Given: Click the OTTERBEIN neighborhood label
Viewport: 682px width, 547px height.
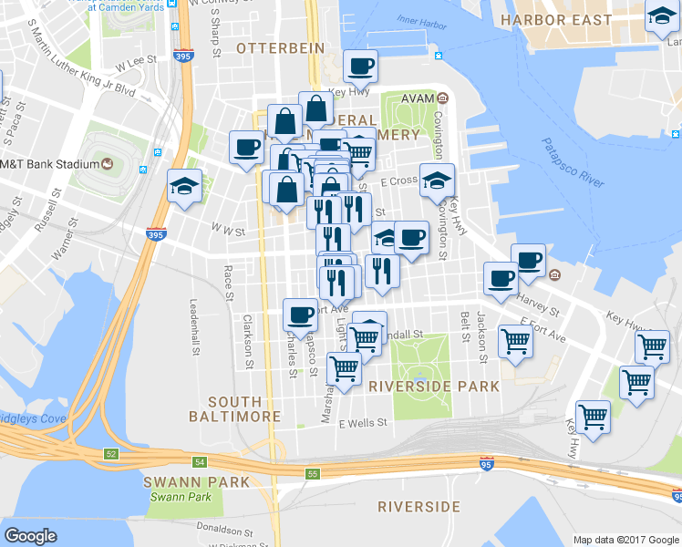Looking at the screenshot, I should (x=274, y=46).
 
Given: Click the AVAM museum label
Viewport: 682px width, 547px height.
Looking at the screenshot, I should (x=420, y=98).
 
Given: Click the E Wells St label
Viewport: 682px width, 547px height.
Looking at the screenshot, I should (x=363, y=422).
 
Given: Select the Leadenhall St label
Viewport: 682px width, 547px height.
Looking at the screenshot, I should (x=194, y=327).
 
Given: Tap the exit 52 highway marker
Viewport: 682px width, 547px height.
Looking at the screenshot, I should (x=111, y=453).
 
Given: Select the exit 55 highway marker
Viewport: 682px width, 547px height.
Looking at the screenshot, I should (x=313, y=474).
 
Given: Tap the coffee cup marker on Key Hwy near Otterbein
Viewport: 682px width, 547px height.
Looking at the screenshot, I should (x=360, y=67).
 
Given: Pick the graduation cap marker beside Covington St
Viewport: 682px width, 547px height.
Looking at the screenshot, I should (x=437, y=180).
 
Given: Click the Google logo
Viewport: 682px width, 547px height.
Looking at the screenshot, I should (x=30, y=536).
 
